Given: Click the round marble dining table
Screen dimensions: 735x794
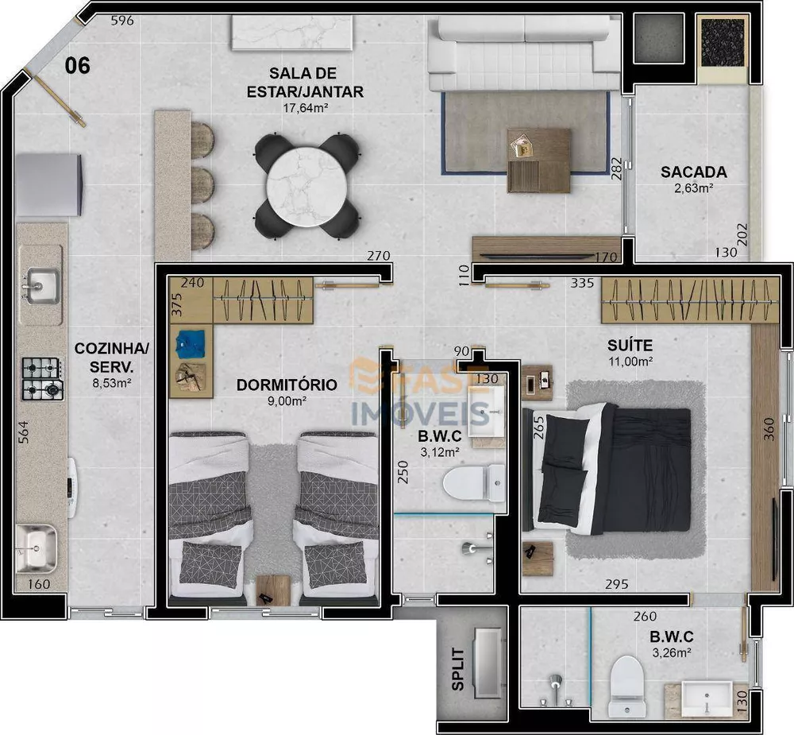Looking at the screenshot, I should tap(306, 183).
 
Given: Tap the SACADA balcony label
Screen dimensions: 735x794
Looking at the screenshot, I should tap(693, 172).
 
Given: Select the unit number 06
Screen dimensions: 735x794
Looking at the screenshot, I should tap(77, 65).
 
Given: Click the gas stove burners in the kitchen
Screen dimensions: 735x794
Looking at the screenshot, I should tap(42, 378).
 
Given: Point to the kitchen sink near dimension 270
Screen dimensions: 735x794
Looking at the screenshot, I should tap(40, 284).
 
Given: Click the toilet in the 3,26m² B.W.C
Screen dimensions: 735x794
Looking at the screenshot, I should tap(627, 683).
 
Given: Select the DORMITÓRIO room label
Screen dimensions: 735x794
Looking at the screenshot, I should tap(287, 385).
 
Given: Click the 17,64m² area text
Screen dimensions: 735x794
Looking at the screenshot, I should tap(305, 108).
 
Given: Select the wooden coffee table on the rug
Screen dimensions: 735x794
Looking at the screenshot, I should tap(539, 160).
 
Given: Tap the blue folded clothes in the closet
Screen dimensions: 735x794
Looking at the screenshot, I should tap(190, 343).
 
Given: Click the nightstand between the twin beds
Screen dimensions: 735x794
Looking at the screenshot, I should tap(274, 588).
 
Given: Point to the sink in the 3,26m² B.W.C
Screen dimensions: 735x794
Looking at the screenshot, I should tap(707, 697).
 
